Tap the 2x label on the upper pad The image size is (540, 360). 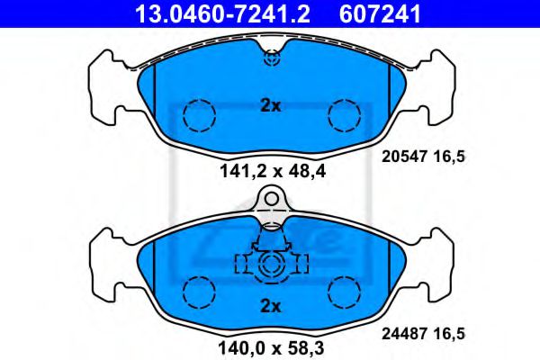(x=270, y=105)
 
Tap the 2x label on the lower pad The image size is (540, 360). (x=270, y=306)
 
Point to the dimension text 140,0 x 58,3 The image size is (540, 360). (x=270, y=345)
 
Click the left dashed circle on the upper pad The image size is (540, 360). (x=199, y=113)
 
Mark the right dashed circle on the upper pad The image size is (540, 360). (x=343, y=113)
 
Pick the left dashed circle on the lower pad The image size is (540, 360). (x=199, y=292)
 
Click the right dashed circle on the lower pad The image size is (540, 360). (x=343, y=292)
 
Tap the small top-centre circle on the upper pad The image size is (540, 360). (x=270, y=59)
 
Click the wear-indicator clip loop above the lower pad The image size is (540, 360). (x=270, y=200)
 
